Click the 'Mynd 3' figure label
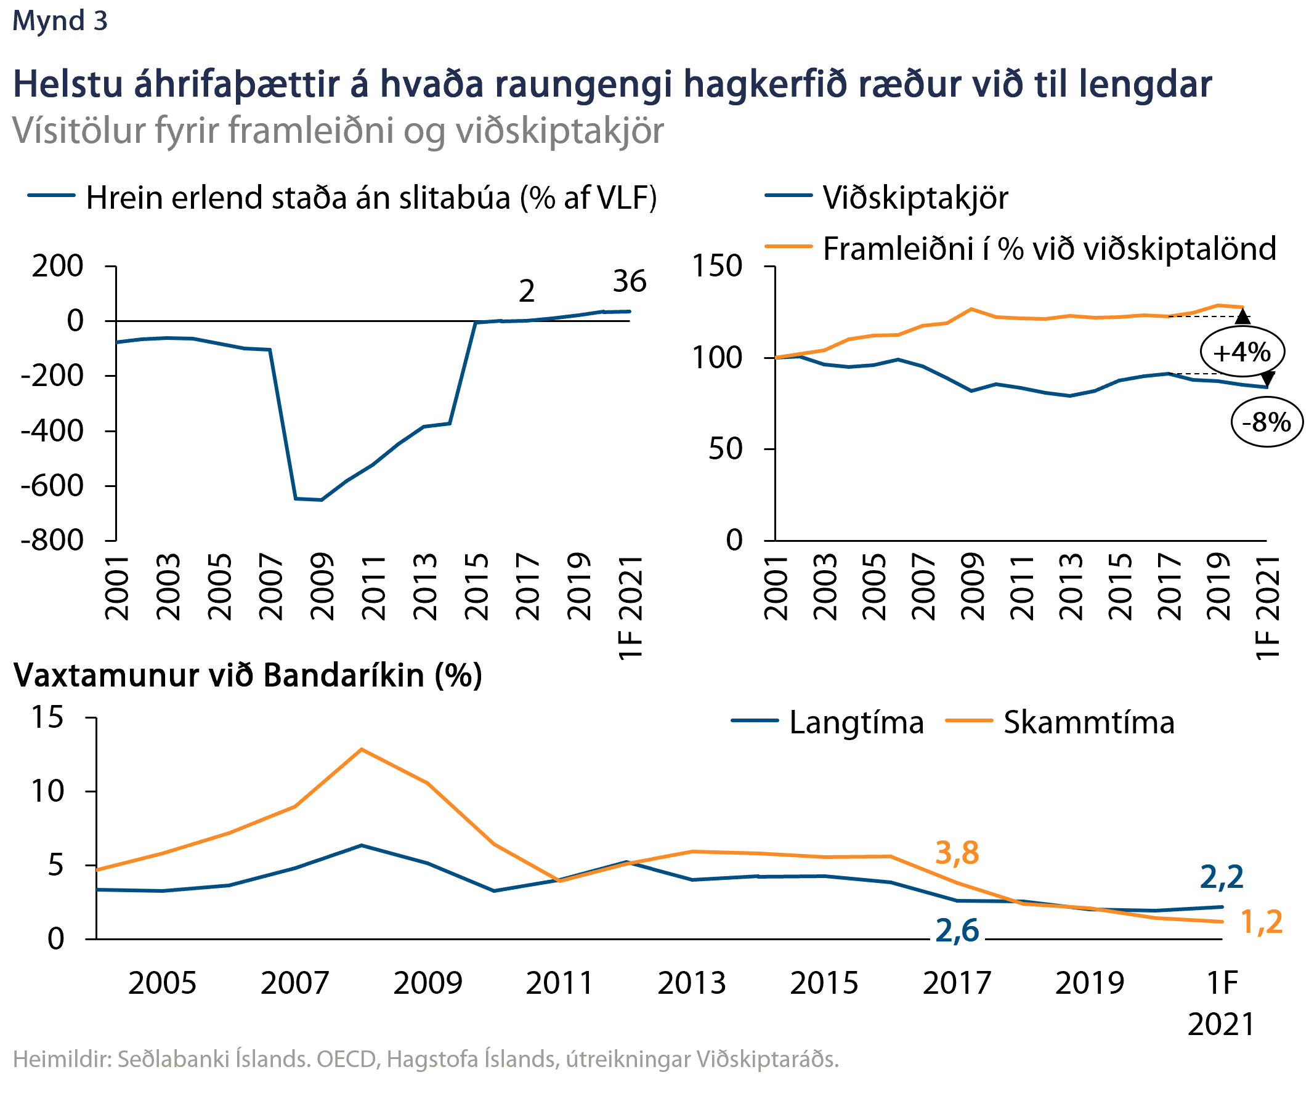tap(60, 20)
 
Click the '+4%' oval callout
tap(1242, 352)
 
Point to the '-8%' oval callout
tap(1266, 422)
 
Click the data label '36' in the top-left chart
tap(629, 281)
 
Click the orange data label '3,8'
tap(957, 853)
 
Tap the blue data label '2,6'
tap(957, 931)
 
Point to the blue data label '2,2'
tap(1221, 877)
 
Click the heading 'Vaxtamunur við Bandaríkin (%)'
tap(248, 675)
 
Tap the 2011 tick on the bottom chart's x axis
tap(559, 983)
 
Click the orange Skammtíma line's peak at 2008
tap(362, 749)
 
